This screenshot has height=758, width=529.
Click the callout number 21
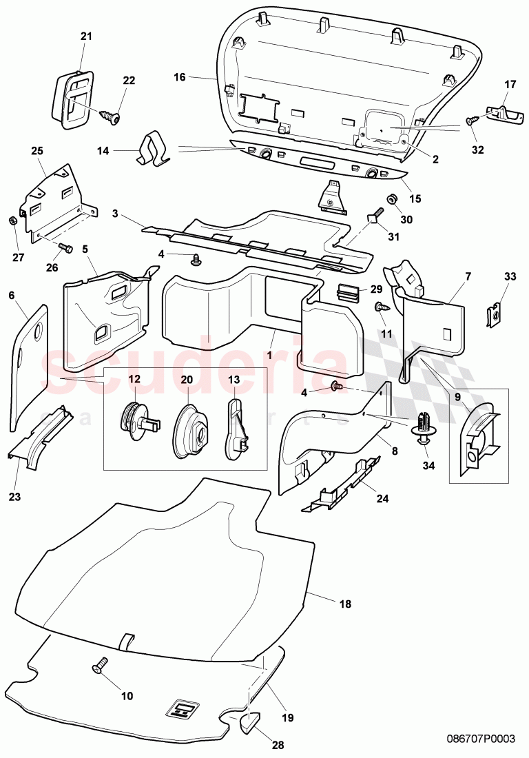tap(85, 36)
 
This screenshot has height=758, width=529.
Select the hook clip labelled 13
tap(236, 427)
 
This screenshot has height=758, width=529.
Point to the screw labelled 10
tap(101, 665)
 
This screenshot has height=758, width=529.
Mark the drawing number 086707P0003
tap(478, 738)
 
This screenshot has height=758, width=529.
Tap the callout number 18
tap(345, 604)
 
